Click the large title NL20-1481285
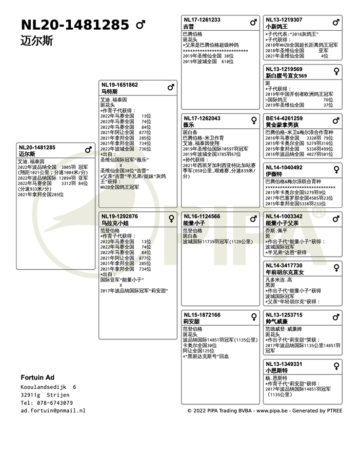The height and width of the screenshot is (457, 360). pos(75,25)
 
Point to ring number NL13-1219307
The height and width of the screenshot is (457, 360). pos(284,20)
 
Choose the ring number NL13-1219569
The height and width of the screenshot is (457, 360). pos(284,69)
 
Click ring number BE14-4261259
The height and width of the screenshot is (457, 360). pos(284,118)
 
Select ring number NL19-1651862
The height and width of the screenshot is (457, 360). pos(119,85)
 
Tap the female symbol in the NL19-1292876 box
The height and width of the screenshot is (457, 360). pos(171,218)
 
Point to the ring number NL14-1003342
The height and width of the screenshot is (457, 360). pos(284,216)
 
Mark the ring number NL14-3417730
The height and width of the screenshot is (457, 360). pos(284,266)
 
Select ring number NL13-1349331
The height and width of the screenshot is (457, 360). pos(284,364)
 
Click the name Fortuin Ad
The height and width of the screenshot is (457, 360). pos(37,377)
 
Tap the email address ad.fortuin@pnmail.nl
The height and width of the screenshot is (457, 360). pos(53,411)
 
